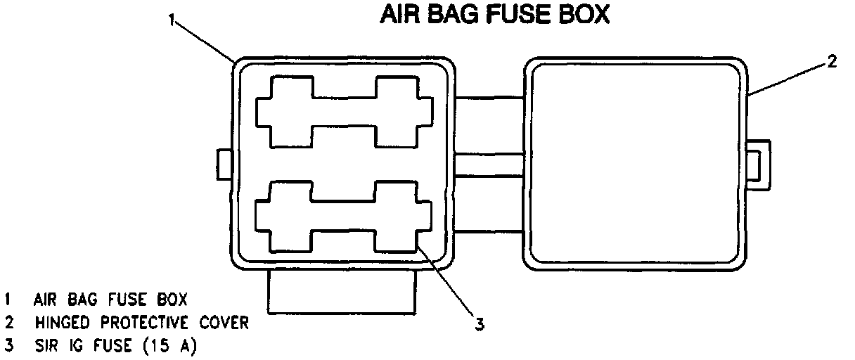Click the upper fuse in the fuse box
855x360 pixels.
344,112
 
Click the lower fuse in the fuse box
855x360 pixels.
344,216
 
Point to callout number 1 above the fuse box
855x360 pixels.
171,20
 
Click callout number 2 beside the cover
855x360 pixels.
831,61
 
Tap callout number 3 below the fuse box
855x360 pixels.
479,324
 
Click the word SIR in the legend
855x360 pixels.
45,346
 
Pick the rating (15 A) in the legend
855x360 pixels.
170,346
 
